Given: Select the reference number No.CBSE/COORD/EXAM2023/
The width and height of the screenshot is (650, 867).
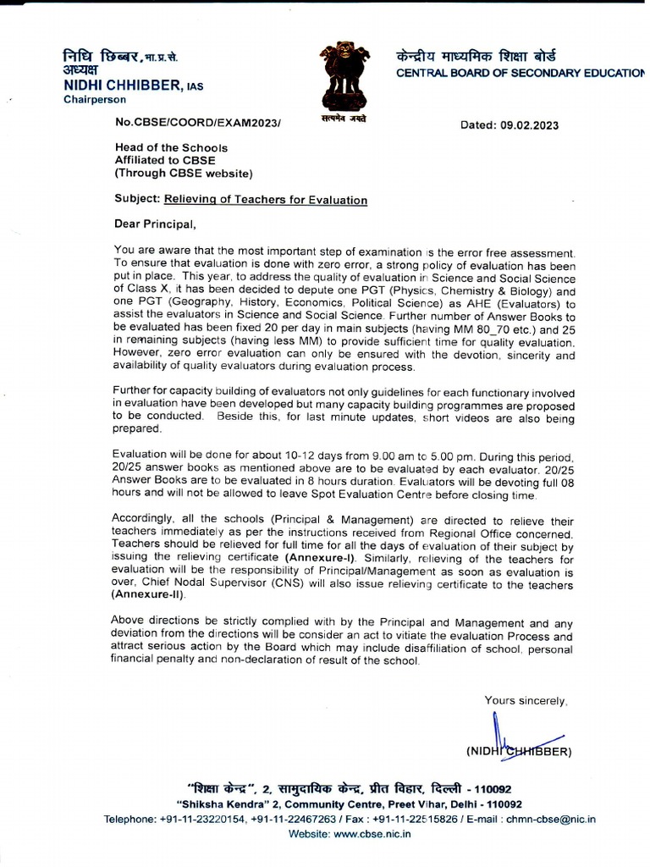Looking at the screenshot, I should coord(197,124).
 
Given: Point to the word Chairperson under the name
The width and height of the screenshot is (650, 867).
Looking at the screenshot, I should coord(95,100).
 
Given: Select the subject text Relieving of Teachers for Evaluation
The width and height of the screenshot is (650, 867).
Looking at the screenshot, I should coord(265,201).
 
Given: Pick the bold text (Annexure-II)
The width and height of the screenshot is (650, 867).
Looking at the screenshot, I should coord(148,595).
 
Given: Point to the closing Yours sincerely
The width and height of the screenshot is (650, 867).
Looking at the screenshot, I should coord(526,700).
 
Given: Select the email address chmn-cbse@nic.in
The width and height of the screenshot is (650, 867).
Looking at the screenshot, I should coord(554,819).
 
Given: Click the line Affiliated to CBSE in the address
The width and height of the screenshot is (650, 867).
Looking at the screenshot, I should coord(165,160).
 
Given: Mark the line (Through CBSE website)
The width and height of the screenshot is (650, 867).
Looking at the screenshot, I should coord(183,174).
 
